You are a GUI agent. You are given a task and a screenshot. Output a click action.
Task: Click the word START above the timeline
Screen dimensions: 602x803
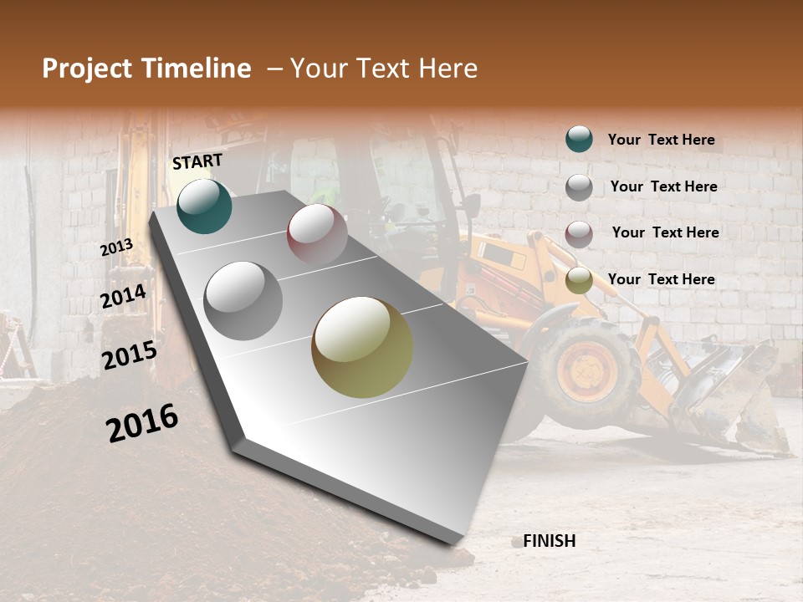(197, 161)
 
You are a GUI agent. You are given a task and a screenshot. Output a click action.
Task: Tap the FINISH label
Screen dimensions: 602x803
(549, 541)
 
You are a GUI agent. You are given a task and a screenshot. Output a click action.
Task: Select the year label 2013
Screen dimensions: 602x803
(116, 247)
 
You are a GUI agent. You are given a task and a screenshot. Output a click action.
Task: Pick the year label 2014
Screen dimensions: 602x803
(124, 297)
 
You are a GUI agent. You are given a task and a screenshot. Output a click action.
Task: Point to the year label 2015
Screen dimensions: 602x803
(130, 355)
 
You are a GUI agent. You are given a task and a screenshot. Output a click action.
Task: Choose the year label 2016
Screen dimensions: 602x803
(142, 423)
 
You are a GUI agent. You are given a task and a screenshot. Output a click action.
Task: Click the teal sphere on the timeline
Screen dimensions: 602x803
(205, 206)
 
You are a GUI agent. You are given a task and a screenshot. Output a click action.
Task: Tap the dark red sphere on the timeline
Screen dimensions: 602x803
(317, 233)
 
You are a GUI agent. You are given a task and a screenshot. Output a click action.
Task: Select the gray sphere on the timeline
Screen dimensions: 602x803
(243, 300)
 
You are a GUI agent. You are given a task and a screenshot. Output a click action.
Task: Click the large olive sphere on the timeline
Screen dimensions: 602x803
(362, 347)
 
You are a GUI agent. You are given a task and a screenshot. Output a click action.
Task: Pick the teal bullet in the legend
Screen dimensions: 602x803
(579, 139)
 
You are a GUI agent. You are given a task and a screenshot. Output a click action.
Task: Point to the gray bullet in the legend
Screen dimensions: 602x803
(579, 187)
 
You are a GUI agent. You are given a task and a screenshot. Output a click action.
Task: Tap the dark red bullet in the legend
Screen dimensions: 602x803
(579, 234)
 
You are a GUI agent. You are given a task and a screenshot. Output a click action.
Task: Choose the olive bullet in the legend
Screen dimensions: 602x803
(579, 281)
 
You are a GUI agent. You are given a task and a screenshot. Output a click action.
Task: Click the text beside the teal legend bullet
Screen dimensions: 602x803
(661, 140)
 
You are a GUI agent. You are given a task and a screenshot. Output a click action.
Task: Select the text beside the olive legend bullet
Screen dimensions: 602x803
(661, 279)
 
